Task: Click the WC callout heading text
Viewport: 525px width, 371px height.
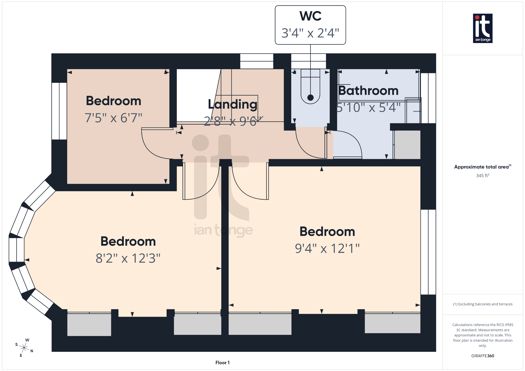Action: click(310, 16)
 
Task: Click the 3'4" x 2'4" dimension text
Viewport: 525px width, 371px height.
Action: click(310, 33)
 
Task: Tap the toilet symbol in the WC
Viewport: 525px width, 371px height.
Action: click(310, 87)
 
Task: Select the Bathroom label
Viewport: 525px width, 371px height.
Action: click(368, 91)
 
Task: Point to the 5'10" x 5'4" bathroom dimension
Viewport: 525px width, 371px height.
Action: click(368, 108)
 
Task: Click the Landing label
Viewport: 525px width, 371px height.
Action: click(233, 104)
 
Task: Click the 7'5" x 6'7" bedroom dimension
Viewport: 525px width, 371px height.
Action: click(113, 118)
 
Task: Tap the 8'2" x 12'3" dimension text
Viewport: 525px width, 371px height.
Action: click(128, 258)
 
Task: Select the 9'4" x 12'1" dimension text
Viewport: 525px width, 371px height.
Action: click(327, 248)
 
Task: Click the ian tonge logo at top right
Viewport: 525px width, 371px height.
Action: click(482, 28)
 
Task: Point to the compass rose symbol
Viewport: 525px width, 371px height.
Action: click(24, 348)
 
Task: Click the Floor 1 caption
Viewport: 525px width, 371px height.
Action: click(222, 363)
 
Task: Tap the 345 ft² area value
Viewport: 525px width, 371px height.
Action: click(482, 176)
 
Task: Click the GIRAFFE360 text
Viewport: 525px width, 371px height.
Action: click(482, 356)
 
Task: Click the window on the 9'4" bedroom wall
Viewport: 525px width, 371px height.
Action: click(428, 252)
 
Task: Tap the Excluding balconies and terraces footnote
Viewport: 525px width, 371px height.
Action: click(482, 304)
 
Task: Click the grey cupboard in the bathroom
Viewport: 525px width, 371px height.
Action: click(407, 145)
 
